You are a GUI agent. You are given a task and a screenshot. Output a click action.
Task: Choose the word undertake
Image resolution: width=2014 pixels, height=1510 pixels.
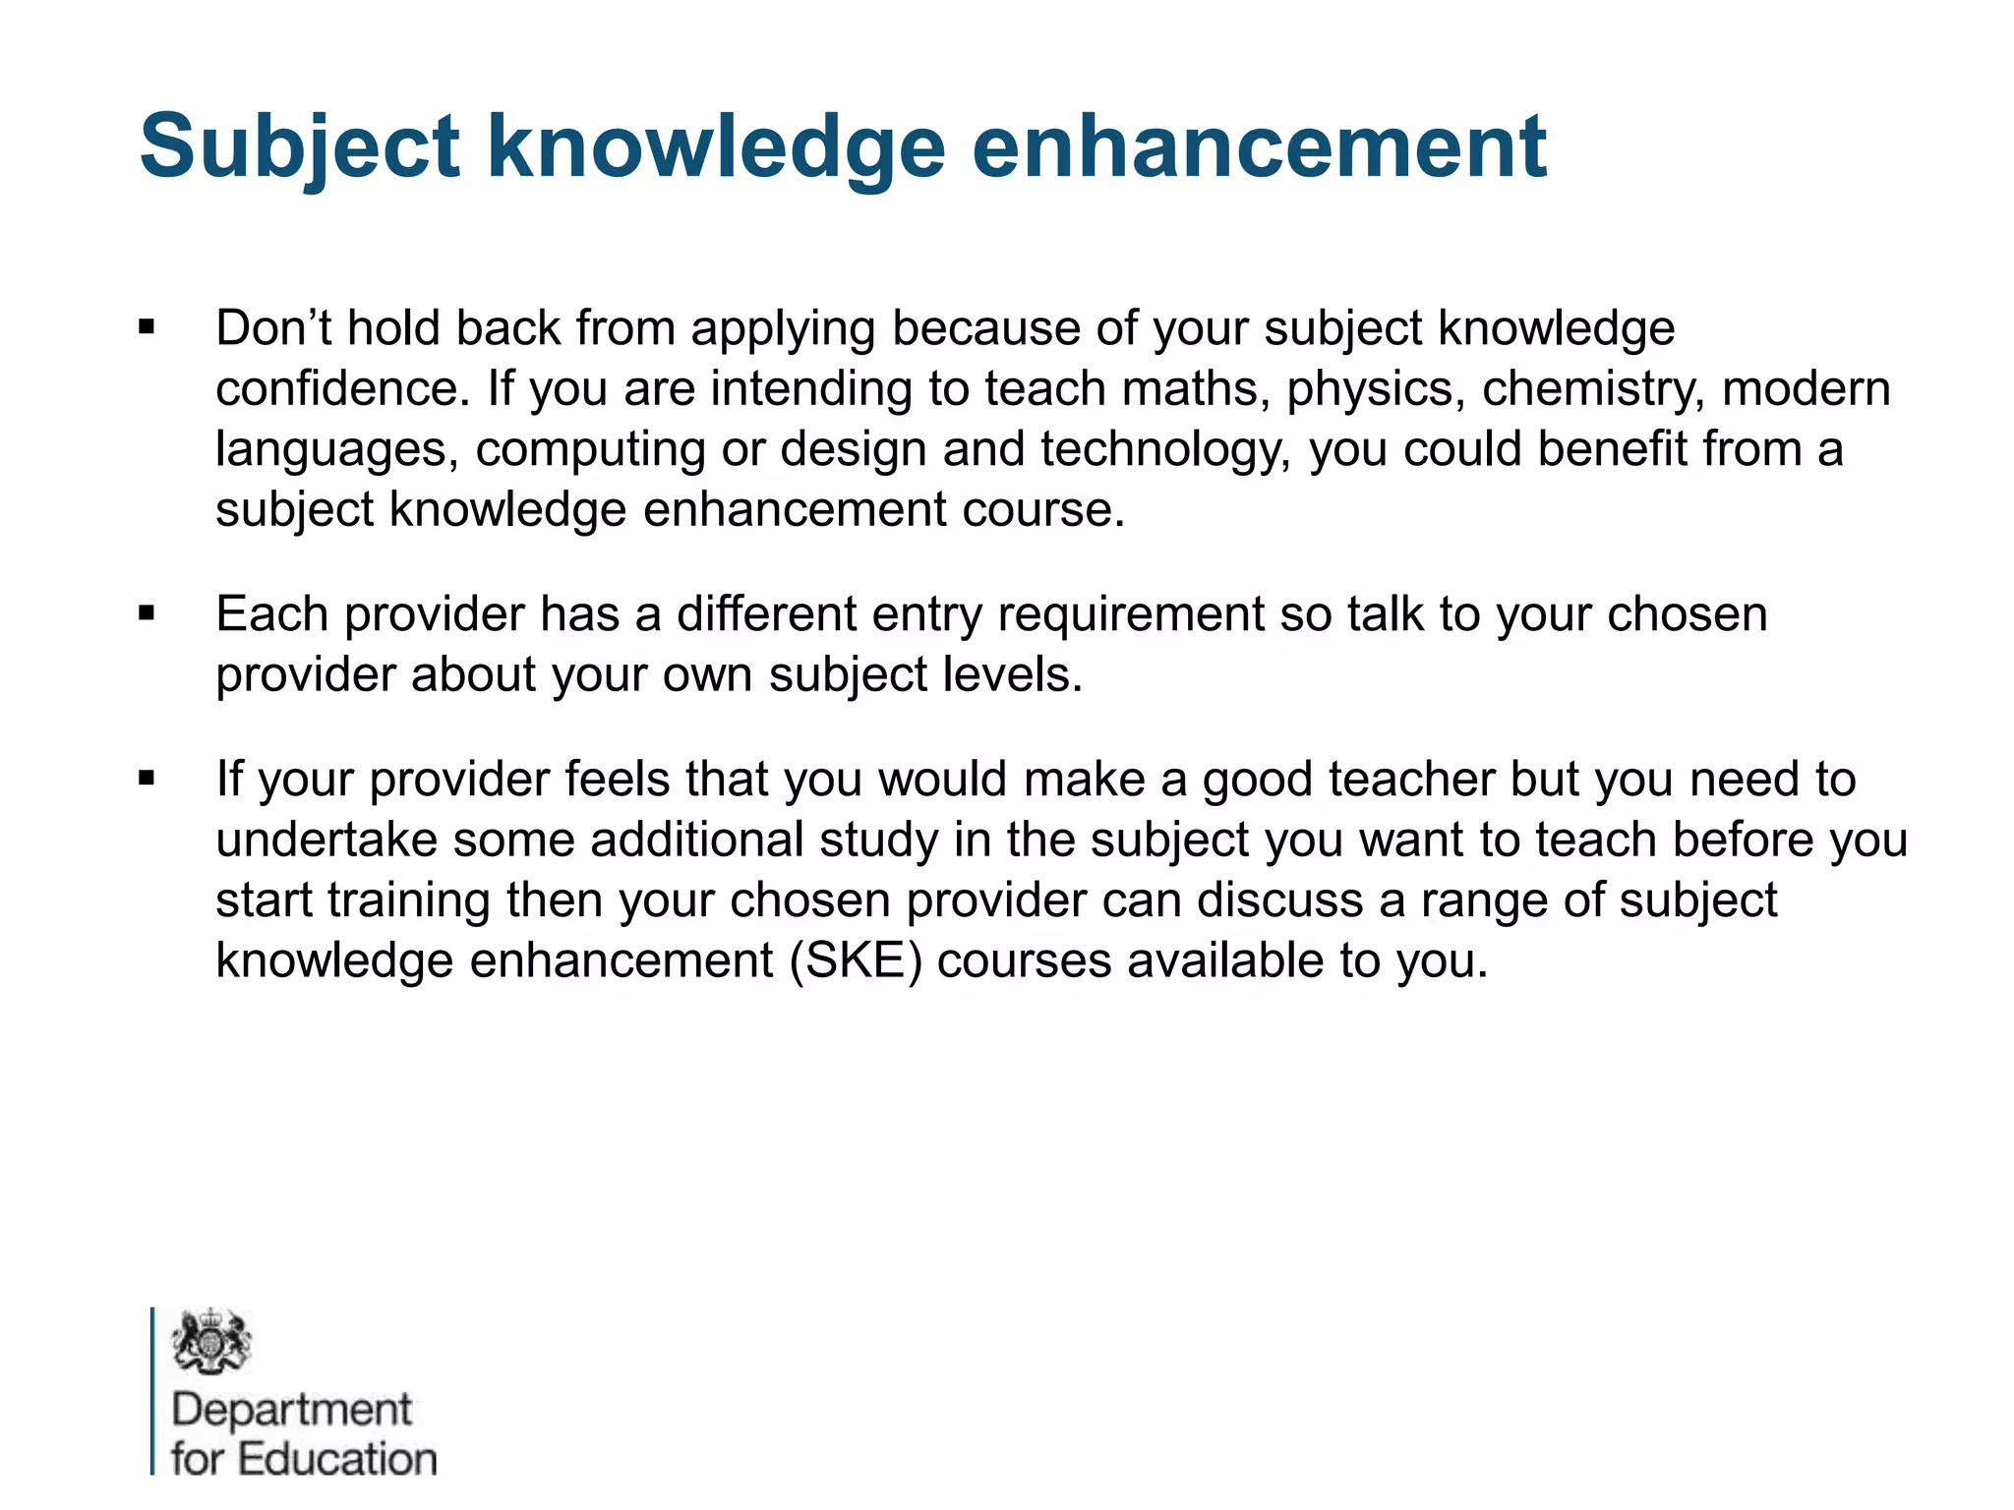(326, 840)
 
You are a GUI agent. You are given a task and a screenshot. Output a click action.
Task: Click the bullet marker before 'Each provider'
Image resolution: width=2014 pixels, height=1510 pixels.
(148, 615)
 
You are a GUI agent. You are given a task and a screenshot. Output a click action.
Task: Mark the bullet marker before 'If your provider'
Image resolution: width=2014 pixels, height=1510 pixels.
(148, 780)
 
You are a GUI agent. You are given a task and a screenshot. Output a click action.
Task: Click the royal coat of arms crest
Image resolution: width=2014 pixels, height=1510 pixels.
(210, 1342)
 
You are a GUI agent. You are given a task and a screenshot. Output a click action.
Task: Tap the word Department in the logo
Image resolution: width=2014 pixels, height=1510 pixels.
(291, 1410)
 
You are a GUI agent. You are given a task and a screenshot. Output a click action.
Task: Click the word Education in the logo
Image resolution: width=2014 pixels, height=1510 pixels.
(337, 1459)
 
